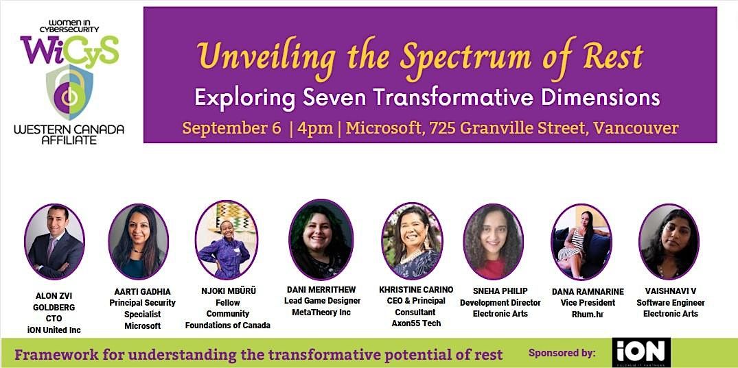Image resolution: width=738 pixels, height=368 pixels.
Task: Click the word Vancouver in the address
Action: (x=636, y=128)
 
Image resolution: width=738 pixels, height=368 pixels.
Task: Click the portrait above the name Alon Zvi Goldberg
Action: (x=54, y=241)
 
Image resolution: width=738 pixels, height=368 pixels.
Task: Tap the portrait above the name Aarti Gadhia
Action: (x=138, y=241)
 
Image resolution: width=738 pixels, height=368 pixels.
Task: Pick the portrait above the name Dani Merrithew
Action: (x=321, y=239)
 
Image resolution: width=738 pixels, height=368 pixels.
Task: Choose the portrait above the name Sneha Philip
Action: (x=493, y=241)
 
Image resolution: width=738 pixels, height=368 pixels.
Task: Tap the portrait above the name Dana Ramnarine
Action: (x=581, y=241)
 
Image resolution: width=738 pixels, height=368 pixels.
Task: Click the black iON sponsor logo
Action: (x=641, y=352)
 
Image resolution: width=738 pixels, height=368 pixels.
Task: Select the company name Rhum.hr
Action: (x=587, y=314)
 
